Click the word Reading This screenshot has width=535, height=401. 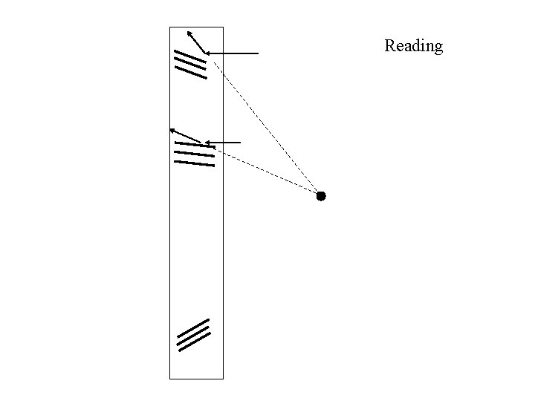tap(413, 46)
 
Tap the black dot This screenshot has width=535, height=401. tap(321, 196)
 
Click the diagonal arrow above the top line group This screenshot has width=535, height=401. tap(196, 42)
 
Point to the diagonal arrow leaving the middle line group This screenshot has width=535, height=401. tap(186, 136)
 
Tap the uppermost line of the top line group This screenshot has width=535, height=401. tap(189, 56)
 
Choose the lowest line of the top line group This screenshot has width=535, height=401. tap(190, 72)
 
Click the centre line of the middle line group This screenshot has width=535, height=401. tap(194, 154)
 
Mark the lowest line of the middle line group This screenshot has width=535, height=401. tap(194, 163)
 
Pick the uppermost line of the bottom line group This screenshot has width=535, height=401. tap(192, 328)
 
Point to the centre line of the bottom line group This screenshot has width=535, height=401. tap(194, 335)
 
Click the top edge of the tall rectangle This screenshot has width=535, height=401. tap(196, 27)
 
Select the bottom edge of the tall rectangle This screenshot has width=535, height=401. tap(196, 379)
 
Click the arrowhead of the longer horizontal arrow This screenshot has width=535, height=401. tap(207, 53)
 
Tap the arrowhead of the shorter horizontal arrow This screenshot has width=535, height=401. tap(207, 142)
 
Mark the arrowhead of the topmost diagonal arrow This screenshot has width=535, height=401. tap(189, 32)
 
